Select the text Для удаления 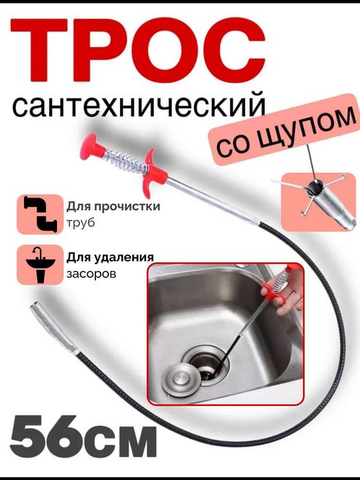[x=110, y=257]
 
